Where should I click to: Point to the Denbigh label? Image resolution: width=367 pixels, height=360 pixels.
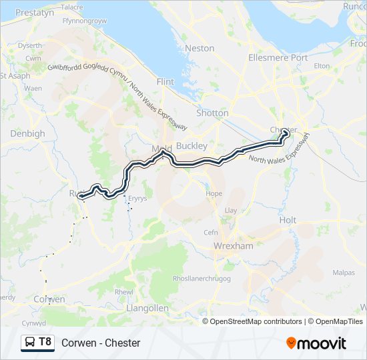pyautogui.click(x=27, y=133)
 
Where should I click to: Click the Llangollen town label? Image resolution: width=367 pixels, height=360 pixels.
pyautogui.click(x=147, y=309)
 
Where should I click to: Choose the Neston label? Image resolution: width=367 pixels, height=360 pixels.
pyautogui.click(x=200, y=48)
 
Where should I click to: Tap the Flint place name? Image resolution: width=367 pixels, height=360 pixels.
pyautogui.click(x=165, y=81)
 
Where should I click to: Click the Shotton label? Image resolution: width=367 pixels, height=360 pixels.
pyautogui.click(x=212, y=113)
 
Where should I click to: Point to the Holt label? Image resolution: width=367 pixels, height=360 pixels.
pyautogui.click(x=288, y=219)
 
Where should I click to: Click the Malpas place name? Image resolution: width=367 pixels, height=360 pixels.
pyautogui.click(x=344, y=273)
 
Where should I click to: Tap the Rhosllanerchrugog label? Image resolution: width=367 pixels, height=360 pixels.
pyautogui.click(x=202, y=278)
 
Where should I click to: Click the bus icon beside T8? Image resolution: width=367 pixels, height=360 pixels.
pyautogui.click(x=31, y=343)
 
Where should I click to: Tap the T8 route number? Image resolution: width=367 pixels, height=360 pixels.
pyautogui.click(x=45, y=343)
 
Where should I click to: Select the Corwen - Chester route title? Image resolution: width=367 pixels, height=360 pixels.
pyautogui.click(x=101, y=343)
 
